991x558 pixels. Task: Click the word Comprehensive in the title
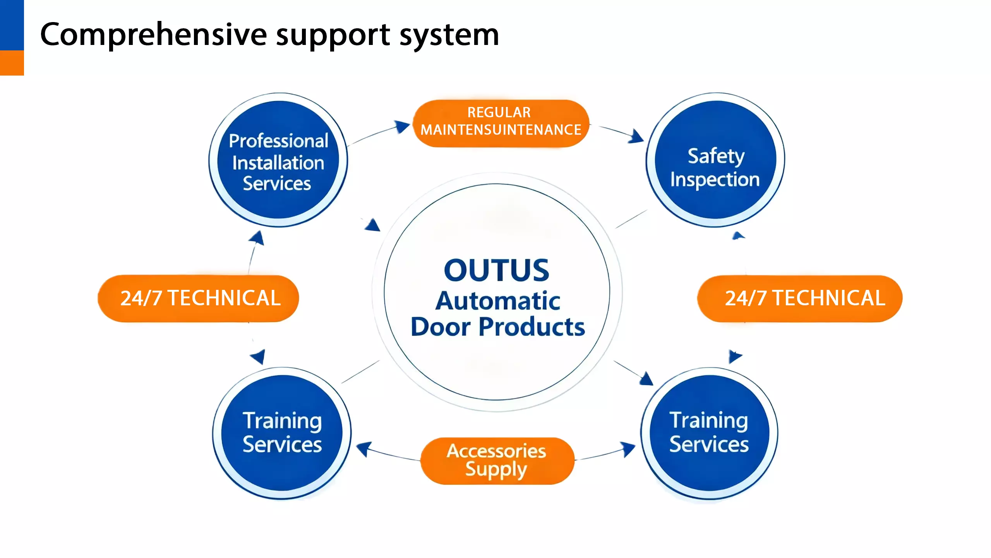(153, 35)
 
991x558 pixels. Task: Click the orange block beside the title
(12, 63)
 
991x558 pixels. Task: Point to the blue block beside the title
(12, 25)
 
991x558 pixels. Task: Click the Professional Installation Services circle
(278, 160)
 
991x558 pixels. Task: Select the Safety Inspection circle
(715, 160)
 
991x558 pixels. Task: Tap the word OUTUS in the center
(496, 270)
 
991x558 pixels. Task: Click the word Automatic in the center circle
(498, 301)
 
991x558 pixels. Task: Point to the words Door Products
(498, 327)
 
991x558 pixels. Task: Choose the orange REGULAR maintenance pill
(501, 123)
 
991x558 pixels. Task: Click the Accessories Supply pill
(497, 461)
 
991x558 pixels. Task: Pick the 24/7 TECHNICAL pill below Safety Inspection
(800, 298)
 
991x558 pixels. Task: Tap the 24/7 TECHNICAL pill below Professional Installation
(198, 298)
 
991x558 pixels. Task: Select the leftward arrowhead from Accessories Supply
(363, 449)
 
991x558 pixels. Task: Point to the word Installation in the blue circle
(278, 163)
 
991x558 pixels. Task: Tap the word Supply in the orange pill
(496, 470)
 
